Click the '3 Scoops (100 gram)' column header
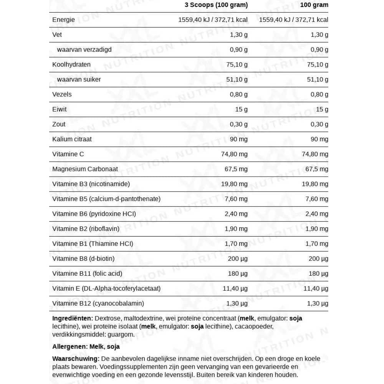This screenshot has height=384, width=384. pos(216,5)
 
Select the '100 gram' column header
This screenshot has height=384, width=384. pos(314,5)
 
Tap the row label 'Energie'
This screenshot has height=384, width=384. pos(63,20)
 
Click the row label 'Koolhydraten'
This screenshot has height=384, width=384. pos(71,65)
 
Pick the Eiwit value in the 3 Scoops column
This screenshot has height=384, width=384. pos(241,109)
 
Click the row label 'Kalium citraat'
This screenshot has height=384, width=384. pos(72,139)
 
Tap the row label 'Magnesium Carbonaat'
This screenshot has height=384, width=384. pos(85,169)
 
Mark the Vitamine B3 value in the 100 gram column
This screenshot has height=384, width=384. pos(315,184)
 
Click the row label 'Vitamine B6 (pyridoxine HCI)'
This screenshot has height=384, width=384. pos(94,214)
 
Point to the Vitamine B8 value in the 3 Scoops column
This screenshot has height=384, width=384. pos(238,259)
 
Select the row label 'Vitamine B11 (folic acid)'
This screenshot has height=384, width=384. pos(87,274)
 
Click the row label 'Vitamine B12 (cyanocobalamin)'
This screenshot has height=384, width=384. pos(98,303)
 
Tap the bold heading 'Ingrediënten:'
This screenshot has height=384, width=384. pos(73,318)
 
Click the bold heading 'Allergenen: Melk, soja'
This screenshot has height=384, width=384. pos(86,347)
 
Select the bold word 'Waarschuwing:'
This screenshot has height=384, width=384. pos(76,359)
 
